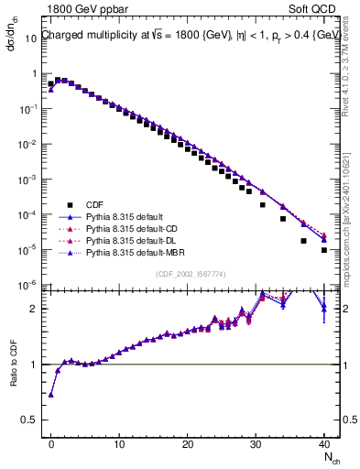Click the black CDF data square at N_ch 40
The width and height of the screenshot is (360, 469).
pos(324,250)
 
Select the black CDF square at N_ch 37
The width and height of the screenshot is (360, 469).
pos(304,241)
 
